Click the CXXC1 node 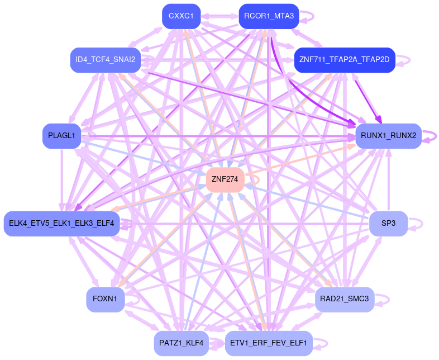tap(181, 16)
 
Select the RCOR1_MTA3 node tap(269, 16)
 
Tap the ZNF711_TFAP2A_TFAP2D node tap(345, 60)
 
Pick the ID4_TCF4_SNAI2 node tap(105, 60)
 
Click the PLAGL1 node tap(62, 136)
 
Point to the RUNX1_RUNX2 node tap(388, 136)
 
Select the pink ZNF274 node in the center tap(226, 179)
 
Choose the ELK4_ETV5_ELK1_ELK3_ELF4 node tap(61, 223)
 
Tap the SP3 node tap(388, 223)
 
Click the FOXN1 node tap(105, 299)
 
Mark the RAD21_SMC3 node tap(345, 299)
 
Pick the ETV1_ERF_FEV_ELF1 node tap(269, 343)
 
